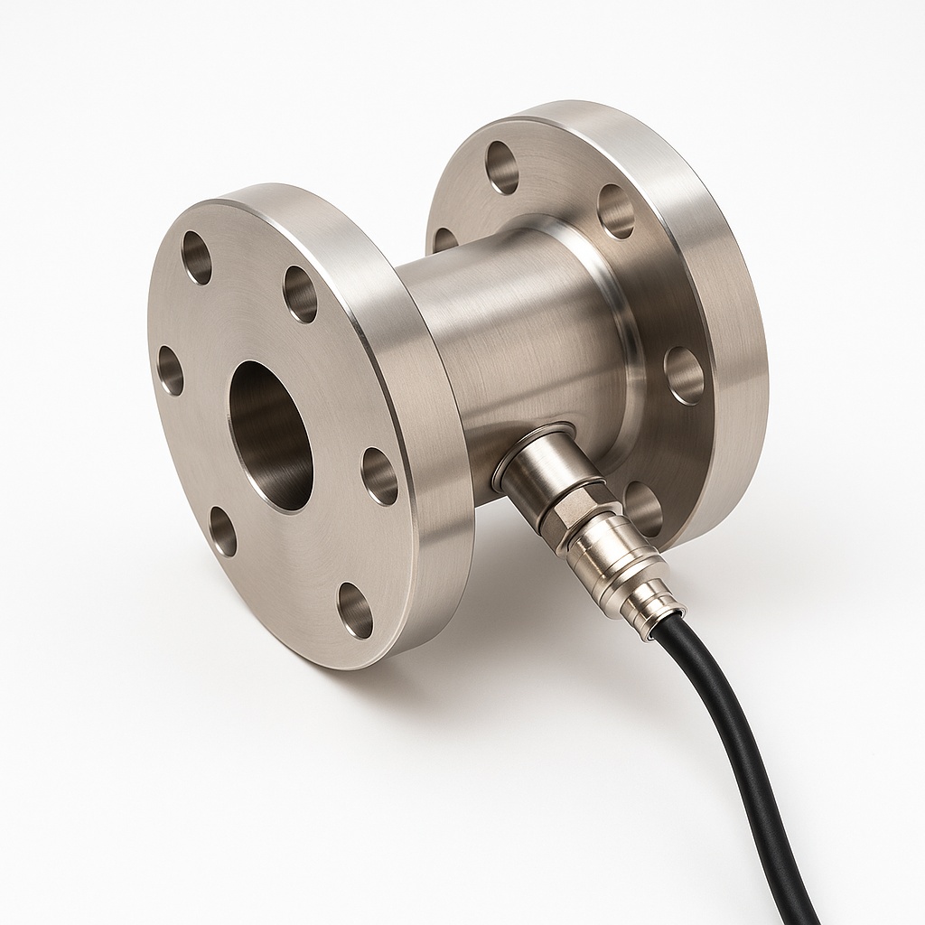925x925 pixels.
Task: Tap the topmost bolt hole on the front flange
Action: (196, 257)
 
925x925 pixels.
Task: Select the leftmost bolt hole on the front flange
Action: (170, 370)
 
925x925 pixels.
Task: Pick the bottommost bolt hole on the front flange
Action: (355, 610)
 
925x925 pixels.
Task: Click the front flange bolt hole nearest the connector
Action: (379, 476)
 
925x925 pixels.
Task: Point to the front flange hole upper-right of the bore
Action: (300, 294)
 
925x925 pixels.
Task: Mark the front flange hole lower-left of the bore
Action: (222, 531)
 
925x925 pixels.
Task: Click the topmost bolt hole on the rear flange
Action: (501, 167)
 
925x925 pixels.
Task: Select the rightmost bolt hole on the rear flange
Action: (684, 375)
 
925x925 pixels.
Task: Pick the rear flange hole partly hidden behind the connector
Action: (643, 508)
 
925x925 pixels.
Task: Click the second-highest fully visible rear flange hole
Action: (615, 211)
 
